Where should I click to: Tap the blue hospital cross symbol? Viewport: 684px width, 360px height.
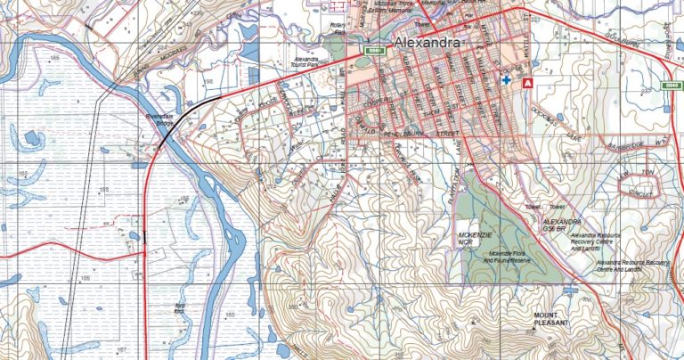pos(507,80)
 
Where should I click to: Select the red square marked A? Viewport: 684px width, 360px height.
pos(527,82)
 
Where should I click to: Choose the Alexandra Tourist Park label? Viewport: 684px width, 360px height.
pos(306,65)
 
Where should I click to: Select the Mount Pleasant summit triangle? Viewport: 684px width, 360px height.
pos(533,328)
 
